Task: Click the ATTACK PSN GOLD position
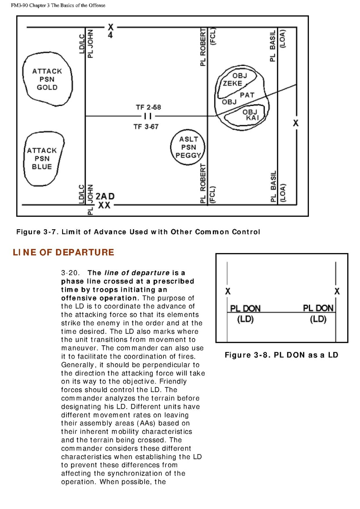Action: coord(47,79)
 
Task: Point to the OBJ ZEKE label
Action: coord(236,80)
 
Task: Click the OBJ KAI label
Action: coord(250,114)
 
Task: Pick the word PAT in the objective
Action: coord(247,95)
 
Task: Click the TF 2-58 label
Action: coord(148,107)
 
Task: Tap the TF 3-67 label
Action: coord(146,127)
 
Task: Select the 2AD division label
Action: coord(105,196)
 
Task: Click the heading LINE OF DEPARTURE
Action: coord(63,252)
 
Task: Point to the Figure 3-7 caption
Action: coord(138,232)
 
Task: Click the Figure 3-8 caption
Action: coord(281,355)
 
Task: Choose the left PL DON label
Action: coord(245,308)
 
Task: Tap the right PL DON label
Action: coord(318,308)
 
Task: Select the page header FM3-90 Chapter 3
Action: coord(58,5)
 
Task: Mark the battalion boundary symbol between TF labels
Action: coord(148,116)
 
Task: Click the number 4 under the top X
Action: coord(111,35)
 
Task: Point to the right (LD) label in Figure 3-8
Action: coord(318,319)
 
